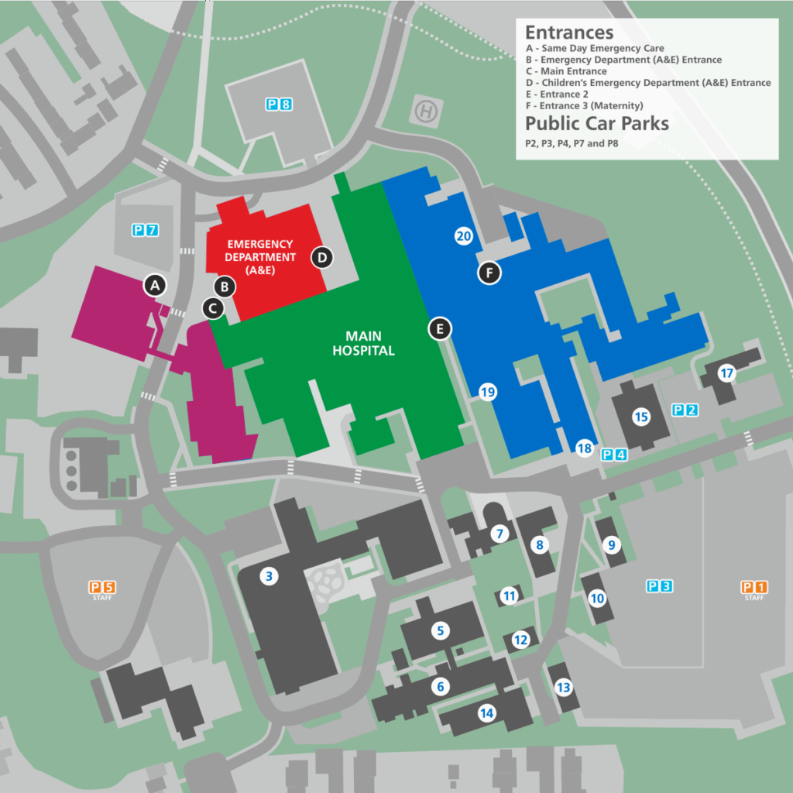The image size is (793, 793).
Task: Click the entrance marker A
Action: pos(155,285)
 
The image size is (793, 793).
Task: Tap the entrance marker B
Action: pos(225,287)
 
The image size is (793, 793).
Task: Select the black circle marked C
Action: pos(213,308)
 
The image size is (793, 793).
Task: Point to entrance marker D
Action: pos(322,257)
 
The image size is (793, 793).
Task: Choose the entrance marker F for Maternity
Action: pos(489,272)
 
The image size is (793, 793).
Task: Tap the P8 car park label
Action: pos(279,104)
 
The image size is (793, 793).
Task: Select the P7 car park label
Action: pos(145,229)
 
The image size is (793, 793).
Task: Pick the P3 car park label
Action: pos(658,586)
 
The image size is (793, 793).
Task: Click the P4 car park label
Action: pos(614,455)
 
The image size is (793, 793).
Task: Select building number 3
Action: pos(269,575)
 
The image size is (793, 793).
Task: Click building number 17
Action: pos(726,373)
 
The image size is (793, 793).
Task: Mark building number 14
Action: pos(486,714)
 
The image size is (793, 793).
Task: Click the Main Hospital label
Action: pos(364,343)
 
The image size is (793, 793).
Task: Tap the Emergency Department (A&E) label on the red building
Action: pos(261,257)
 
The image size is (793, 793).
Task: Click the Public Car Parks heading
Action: pos(596,123)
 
